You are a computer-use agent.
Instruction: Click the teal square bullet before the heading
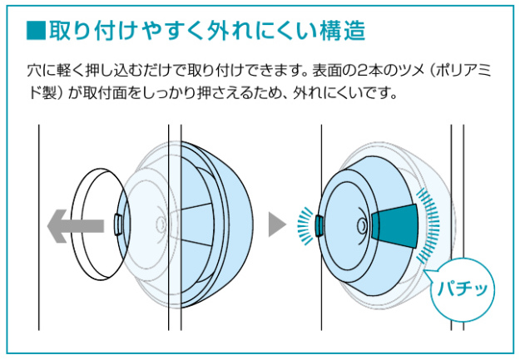coord(36,31)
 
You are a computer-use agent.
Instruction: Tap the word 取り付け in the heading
coord(93,31)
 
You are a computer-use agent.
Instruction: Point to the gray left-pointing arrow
coord(76,226)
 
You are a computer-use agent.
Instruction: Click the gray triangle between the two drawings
coord(277,224)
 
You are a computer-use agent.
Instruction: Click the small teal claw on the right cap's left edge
coord(319,226)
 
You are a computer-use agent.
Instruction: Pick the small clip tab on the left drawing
coord(118,224)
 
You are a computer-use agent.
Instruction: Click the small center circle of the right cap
coord(362,225)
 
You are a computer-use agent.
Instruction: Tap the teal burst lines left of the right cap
coord(305,226)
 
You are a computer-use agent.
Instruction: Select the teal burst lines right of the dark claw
coord(429,225)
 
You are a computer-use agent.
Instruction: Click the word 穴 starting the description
coord(34,72)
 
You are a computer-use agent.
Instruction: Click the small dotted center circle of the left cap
coord(161,224)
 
